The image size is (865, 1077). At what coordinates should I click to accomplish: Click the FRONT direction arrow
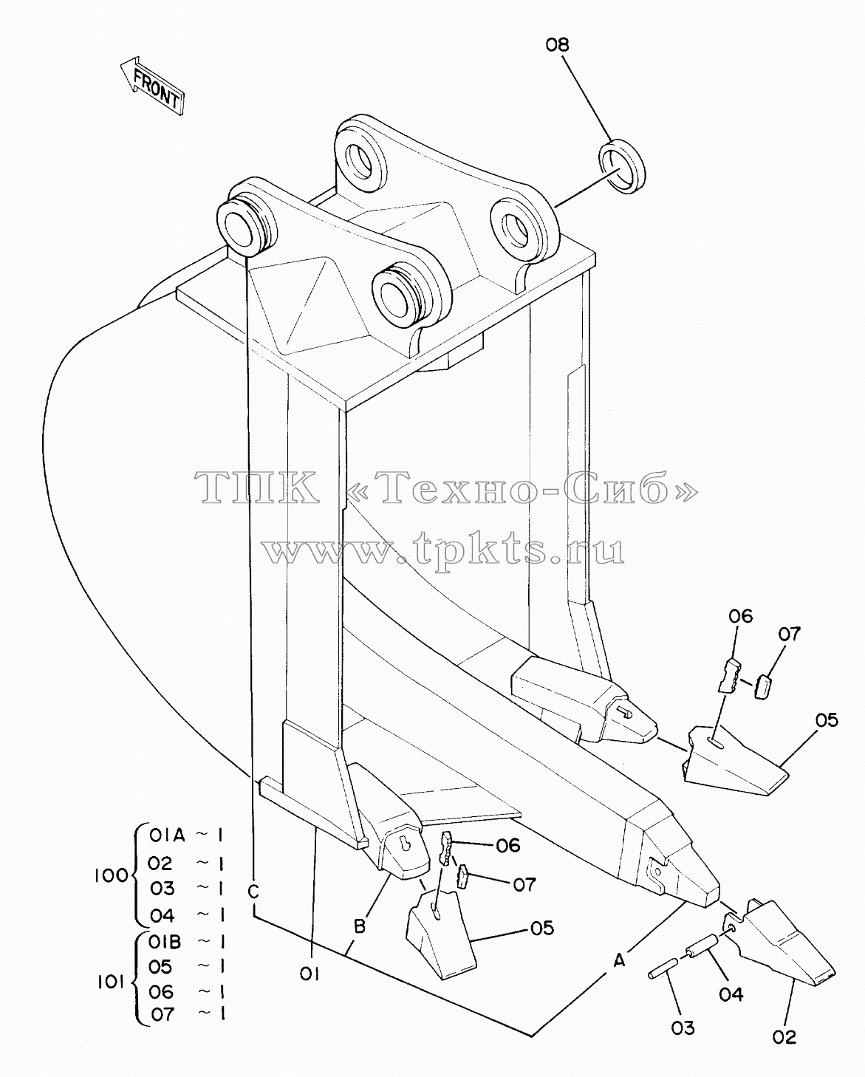click(152, 86)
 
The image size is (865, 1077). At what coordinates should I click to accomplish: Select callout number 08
click(557, 45)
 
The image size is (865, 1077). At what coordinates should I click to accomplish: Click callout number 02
click(784, 1037)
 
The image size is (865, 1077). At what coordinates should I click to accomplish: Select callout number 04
click(731, 994)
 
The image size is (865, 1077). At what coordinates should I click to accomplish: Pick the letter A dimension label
click(619, 960)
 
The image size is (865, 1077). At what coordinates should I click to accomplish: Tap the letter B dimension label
click(360, 926)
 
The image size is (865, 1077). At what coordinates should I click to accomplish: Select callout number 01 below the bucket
click(310, 974)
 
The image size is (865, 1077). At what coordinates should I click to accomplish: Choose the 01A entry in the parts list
click(167, 835)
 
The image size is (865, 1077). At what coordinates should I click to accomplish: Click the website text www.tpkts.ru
click(443, 550)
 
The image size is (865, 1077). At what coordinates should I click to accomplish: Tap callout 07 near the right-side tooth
click(789, 634)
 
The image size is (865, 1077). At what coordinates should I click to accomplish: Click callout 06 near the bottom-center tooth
click(508, 845)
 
